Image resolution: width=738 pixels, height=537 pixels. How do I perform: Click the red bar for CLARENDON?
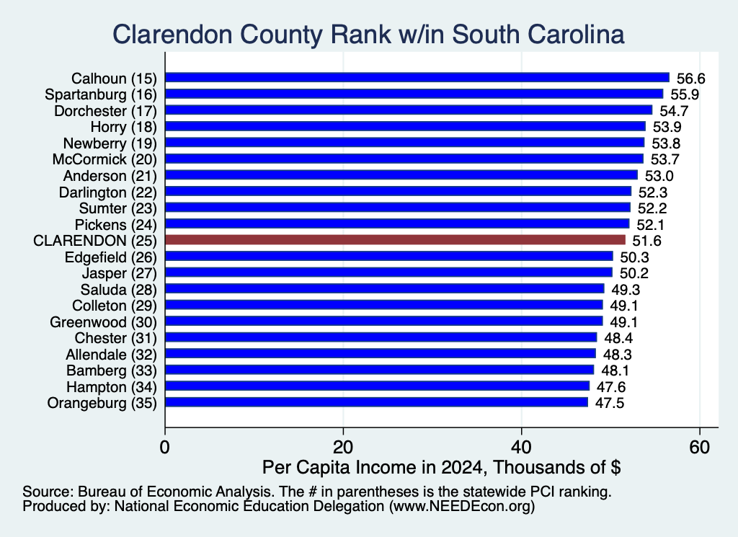tap(396, 240)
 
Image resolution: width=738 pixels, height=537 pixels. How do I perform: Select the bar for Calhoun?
tap(417, 78)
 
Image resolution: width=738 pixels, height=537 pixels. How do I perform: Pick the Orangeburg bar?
tap(376, 402)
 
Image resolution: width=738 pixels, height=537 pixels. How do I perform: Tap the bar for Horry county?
tap(405, 126)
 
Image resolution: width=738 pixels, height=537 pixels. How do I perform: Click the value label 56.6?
tap(691, 79)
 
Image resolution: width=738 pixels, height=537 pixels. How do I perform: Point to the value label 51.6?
tap(646, 241)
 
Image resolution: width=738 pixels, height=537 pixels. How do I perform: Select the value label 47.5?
tap(610, 404)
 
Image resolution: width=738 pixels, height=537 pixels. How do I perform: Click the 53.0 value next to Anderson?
tap(659, 176)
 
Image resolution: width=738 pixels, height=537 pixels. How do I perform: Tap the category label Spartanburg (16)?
tap(101, 94)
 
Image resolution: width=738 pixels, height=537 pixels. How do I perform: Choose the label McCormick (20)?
tap(105, 159)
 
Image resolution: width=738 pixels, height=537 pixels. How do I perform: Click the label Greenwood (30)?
tap(103, 322)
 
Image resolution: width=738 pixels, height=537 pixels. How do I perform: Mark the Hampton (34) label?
tap(112, 387)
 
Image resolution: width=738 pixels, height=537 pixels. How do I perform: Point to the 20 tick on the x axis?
tap(343, 447)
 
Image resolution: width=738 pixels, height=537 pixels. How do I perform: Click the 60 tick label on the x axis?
tap(700, 447)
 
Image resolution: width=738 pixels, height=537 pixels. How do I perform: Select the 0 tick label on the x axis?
tap(165, 447)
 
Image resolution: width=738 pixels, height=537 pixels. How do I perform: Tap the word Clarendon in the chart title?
tap(172, 35)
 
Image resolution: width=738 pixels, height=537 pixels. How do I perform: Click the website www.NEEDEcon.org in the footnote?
tap(462, 506)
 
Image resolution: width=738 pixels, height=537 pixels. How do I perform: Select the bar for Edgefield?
tap(389, 256)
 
